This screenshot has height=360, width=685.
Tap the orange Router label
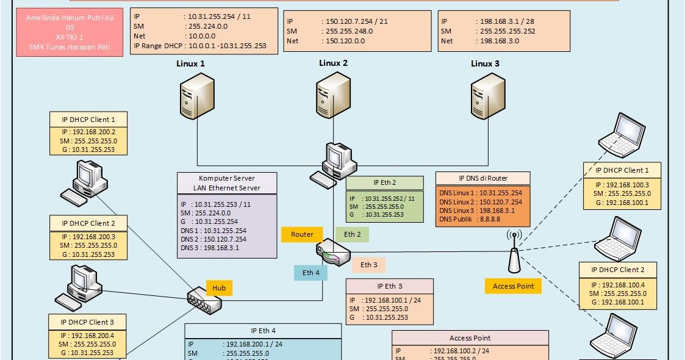pyautogui.click(x=302, y=234)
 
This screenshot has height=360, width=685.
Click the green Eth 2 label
pyautogui.click(x=353, y=234)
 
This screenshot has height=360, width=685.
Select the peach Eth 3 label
pyautogui.click(x=368, y=265)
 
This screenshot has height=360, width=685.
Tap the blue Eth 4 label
pyautogui.click(x=310, y=273)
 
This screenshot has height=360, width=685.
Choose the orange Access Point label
pyautogui.click(x=513, y=286)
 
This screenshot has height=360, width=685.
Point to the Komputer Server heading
pyautogui.click(x=227, y=178)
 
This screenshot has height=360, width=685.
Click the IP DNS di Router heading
pyautogui.click(x=482, y=178)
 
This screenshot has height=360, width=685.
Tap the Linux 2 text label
pyautogui.click(x=333, y=63)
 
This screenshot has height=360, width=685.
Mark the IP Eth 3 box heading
pyautogui.click(x=389, y=286)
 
